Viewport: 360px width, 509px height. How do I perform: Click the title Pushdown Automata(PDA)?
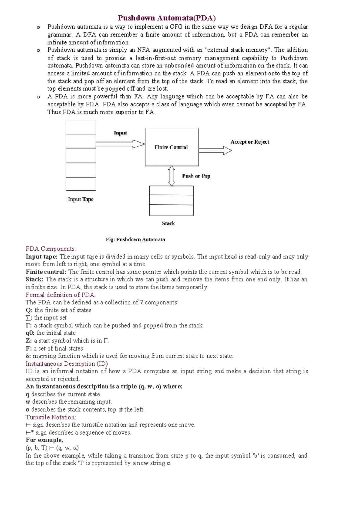[166, 18]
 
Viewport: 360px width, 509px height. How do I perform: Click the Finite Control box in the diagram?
[172, 147]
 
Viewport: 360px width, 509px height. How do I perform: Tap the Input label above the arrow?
[120, 133]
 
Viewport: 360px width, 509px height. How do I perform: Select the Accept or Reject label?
[250, 142]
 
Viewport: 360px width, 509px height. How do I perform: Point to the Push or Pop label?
[196, 176]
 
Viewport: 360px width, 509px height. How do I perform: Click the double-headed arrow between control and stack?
[171, 176]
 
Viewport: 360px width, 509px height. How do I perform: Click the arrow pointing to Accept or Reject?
[215, 150]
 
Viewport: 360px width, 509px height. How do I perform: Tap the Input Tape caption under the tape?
[81, 199]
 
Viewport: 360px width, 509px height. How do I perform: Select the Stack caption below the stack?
[168, 223]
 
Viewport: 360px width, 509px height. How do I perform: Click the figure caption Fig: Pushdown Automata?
[135, 239]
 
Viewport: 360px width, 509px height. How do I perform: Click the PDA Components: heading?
[51, 249]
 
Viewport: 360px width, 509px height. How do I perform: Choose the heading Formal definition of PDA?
[61, 295]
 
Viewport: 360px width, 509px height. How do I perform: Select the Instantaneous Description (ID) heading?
[67, 364]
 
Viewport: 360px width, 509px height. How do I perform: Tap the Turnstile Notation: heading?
[51, 417]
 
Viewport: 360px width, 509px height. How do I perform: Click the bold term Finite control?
[46, 272]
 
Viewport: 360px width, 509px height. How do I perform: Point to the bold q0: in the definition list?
[30, 333]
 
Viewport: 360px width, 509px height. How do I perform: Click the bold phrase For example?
[44, 440]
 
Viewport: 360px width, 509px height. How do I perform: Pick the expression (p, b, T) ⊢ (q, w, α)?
[52, 448]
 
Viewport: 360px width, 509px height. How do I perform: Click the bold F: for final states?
[29, 348]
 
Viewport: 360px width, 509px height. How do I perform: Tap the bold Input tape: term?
[42, 257]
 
